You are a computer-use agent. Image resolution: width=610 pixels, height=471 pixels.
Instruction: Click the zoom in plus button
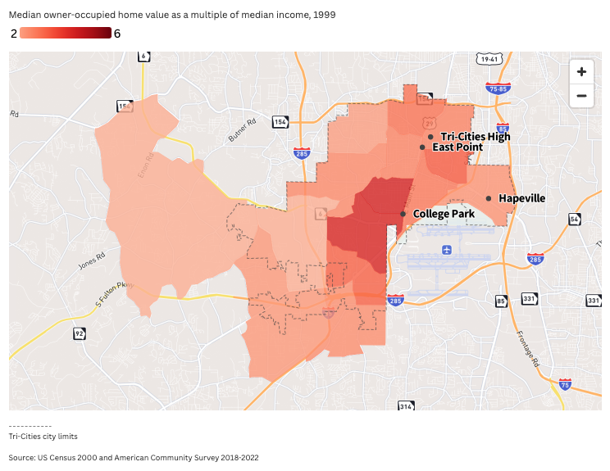pos(581,71)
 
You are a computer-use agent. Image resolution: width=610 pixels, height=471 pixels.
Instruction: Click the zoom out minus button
pos(581,95)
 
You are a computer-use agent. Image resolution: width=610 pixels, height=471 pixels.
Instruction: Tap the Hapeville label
pos(521,198)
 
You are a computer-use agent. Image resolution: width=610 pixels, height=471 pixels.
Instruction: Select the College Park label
pos(444,214)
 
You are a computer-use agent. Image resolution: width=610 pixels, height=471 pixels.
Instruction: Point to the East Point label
pos(457,147)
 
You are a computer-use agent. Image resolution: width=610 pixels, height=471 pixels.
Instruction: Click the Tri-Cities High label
pos(475,136)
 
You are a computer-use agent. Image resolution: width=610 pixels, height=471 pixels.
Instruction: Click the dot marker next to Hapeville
pos(489,198)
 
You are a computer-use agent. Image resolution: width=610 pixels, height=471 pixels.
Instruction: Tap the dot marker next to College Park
pos(403,214)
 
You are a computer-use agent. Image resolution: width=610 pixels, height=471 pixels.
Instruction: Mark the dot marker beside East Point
pos(422,147)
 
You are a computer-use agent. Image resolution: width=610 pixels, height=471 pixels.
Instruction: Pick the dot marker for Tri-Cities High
pos(430,136)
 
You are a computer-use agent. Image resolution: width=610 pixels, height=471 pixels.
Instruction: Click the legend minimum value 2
pos(14,34)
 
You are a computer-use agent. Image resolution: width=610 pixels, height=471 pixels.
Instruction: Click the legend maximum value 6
pos(117,34)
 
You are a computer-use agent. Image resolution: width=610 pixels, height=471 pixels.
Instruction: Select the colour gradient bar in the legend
pos(66,33)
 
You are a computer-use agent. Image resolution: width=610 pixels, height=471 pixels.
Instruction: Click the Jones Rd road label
pos(90,259)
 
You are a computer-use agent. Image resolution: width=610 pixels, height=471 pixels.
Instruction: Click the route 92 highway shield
pos(79,333)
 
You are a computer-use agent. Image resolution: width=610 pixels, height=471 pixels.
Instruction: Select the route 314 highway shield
pos(406,405)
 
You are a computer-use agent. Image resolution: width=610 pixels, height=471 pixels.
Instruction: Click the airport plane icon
pos(446,249)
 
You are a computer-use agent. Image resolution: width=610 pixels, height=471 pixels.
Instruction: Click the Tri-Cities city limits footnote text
pos(43,437)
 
